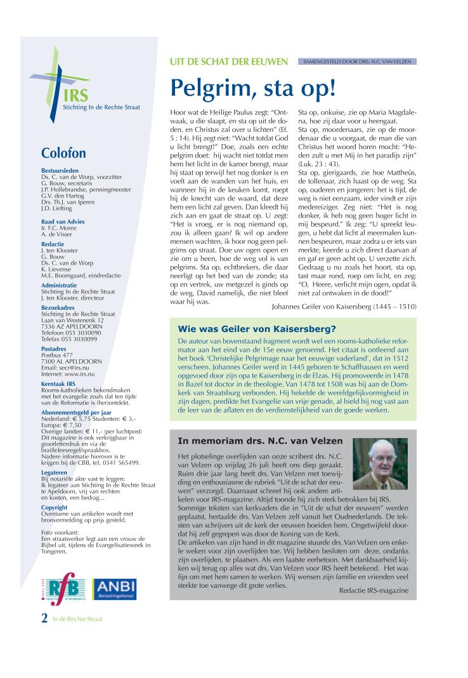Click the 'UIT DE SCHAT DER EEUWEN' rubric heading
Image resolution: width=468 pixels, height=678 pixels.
230,62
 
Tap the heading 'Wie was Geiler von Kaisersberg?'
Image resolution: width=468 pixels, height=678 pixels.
257,329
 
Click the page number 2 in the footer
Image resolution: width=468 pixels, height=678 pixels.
44,618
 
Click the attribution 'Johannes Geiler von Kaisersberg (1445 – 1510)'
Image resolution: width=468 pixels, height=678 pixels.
343,306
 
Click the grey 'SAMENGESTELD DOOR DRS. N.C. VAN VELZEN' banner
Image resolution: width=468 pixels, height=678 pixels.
356,62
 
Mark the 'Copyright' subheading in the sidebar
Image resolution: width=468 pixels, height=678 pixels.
55,507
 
